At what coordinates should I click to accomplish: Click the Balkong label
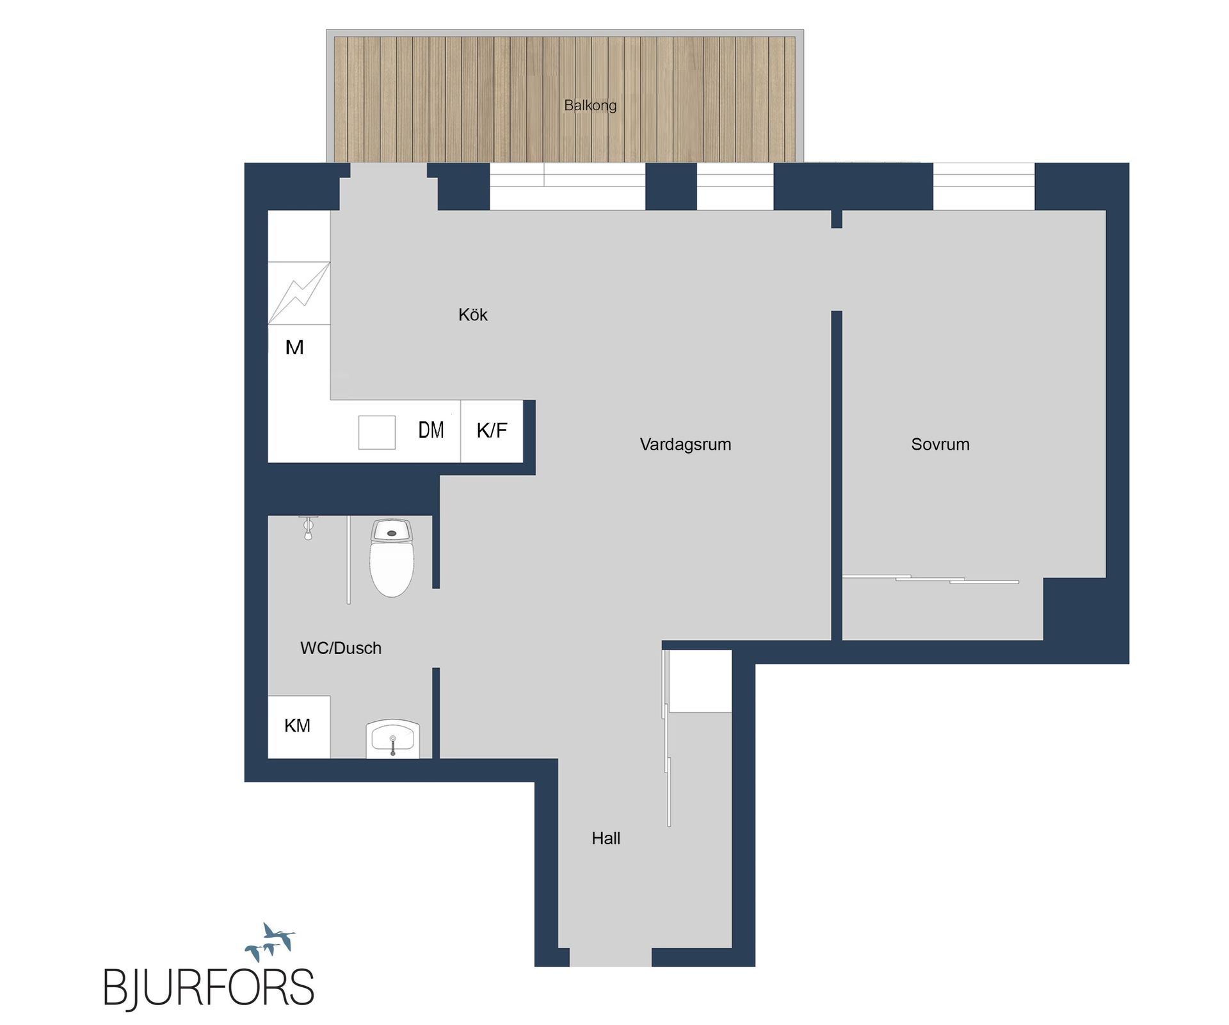(590, 105)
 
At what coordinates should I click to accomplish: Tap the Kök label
(472, 315)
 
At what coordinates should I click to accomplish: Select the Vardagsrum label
(685, 444)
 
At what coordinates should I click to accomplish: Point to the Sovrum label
(940, 444)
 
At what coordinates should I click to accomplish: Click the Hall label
(606, 838)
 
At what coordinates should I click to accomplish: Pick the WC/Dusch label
(341, 648)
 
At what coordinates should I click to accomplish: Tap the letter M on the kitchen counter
(294, 347)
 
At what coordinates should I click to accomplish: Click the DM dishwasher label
(431, 430)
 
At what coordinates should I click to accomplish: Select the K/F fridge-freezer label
(492, 430)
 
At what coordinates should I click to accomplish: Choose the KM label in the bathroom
(297, 725)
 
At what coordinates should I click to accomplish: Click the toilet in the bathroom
(392, 557)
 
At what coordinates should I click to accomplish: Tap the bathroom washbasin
(392, 739)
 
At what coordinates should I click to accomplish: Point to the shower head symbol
(308, 527)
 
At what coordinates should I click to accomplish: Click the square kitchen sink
(376, 432)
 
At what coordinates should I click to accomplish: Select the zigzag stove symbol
(299, 293)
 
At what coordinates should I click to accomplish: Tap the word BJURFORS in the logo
(209, 987)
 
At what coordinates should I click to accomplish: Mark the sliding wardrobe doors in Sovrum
(930, 579)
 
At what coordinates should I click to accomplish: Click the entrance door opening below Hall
(610, 957)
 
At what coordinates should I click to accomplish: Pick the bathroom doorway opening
(436, 628)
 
